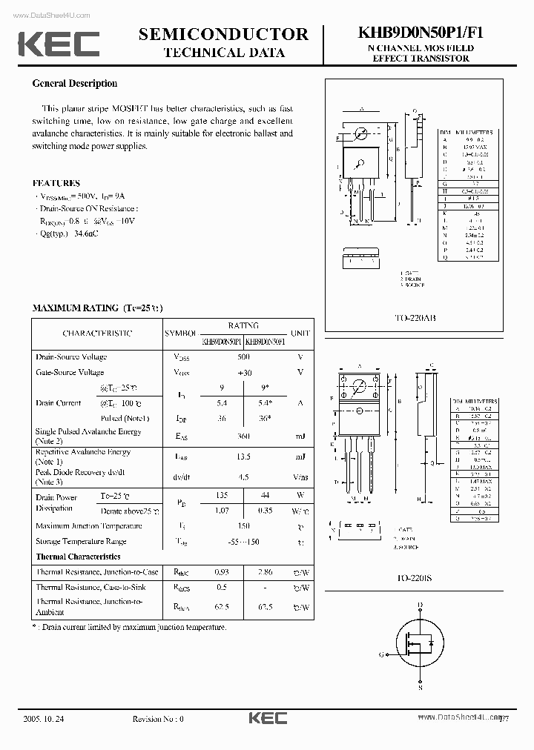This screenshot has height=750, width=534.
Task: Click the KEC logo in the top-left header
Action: (59, 44)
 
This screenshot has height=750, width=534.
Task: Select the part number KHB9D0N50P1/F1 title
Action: (420, 33)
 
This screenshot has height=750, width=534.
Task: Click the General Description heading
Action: (74, 84)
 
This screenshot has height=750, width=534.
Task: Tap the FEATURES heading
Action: (56, 183)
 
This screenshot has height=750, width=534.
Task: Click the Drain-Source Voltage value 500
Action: (243, 356)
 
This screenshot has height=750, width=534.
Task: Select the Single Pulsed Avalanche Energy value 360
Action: (243, 437)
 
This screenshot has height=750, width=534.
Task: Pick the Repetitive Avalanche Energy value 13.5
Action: (243, 457)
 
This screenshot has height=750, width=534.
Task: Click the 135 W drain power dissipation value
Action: (221, 495)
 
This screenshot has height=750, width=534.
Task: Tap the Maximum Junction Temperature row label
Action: (88, 526)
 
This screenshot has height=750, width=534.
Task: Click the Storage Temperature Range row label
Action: (81, 542)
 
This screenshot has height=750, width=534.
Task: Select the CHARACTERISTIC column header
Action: (97, 333)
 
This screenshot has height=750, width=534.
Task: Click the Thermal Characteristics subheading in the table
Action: (78, 557)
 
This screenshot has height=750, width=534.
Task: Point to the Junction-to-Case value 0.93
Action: (221, 572)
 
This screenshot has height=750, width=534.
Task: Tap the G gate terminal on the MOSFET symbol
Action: (381, 654)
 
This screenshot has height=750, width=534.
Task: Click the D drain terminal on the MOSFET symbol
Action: (420, 605)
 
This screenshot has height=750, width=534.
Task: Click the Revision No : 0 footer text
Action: (157, 719)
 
